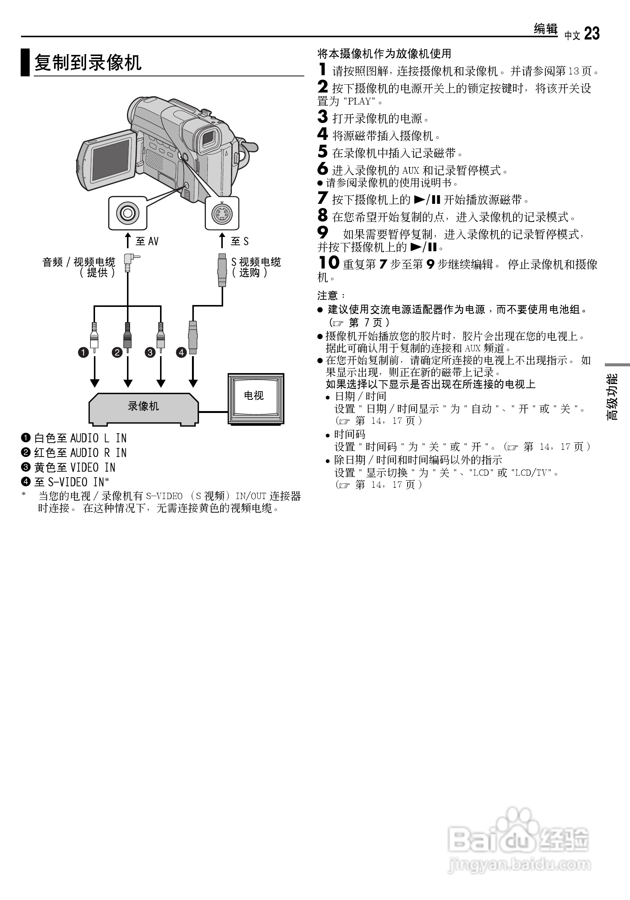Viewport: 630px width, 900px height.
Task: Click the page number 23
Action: pyautogui.click(x=592, y=34)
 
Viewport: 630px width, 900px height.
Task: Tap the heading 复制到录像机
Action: pyautogui.click(x=88, y=63)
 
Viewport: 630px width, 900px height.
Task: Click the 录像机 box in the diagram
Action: pyautogui.click(x=143, y=407)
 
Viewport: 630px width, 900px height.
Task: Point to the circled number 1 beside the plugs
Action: pyautogui.click(x=83, y=352)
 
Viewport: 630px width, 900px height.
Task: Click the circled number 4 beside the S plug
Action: pyautogui.click(x=181, y=352)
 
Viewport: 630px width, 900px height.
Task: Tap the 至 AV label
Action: pyautogui.click(x=147, y=241)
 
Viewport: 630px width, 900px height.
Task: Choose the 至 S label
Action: pyautogui.click(x=240, y=241)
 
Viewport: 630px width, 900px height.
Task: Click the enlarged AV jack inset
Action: pyautogui.click(x=128, y=213)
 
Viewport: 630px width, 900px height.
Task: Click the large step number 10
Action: pyautogui.click(x=328, y=263)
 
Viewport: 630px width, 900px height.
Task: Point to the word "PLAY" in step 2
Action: pyautogui.click(x=359, y=102)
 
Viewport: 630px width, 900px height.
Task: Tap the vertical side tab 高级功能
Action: pyautogui.click(x=612, y=396)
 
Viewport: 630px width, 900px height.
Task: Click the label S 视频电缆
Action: pyautogui.click(x=256, y=262)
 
